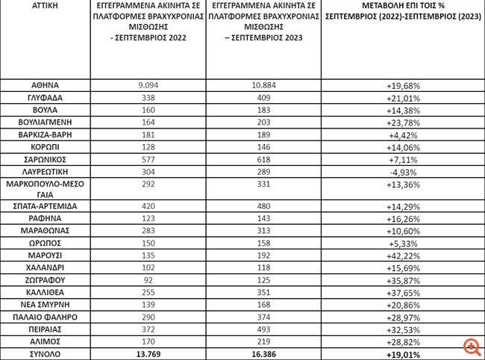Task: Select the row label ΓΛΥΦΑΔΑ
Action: [47, 97]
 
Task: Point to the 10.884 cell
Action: [265, 85]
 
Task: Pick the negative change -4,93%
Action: [402, 170]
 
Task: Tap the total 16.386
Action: [265, 353]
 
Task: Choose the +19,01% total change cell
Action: [402, 353]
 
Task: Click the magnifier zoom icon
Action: [471, 346]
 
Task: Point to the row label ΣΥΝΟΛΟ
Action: [47, 353]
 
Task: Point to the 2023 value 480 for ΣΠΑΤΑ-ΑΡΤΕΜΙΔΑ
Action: [265, 205]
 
